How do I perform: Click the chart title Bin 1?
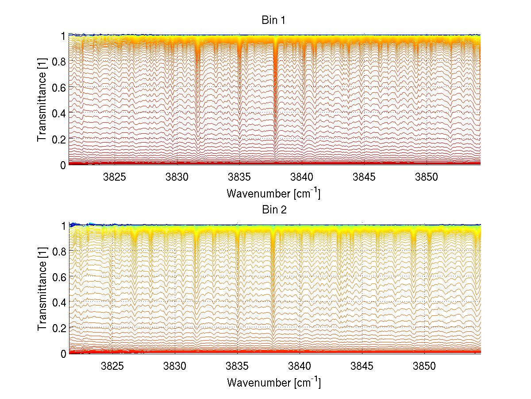tap(274, 21)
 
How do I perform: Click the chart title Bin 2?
tap(274, 209)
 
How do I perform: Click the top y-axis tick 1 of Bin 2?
tap(63, 225)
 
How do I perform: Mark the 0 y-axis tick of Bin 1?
tap(63, 165)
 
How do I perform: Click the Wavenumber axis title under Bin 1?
tap(273, 193)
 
